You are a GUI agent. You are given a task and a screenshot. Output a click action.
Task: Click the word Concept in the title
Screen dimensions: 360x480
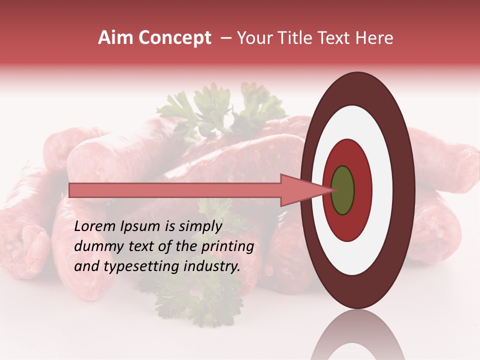[x=174, y=38]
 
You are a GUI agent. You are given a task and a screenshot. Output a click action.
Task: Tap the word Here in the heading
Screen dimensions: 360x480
[x=375, y=38]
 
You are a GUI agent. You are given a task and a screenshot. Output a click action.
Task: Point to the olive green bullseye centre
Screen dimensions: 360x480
[x=342, y=190]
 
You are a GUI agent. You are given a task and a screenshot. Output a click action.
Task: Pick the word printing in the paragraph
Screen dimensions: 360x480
[x=227, y=246]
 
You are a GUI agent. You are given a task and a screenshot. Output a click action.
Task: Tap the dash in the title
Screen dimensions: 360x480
[x=225, y=38]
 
